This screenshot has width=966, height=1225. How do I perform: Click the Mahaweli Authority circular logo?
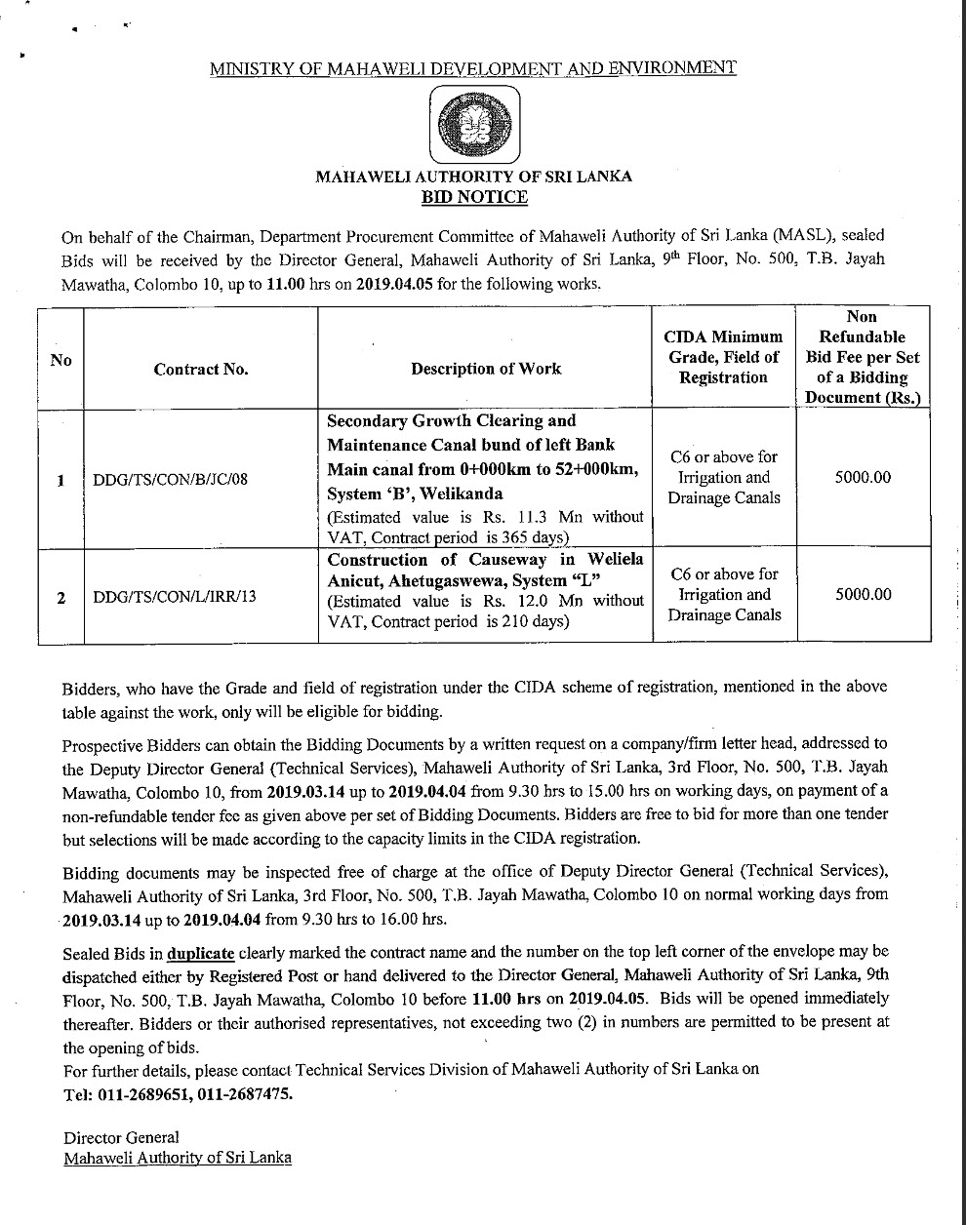pyautogui.click(x=473, y=126)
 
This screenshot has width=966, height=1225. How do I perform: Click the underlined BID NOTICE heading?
pyautogui.click(x=473, y=197)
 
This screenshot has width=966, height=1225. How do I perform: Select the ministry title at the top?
pyautogui.click(x=473, y=68)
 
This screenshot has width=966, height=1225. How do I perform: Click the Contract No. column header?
pyautogui.click(x=201, y=369)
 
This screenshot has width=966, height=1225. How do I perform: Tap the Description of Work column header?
pyautogui.click(x=486, y=368)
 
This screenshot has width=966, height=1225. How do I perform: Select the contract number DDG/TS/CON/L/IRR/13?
pyautogui.click(x=174, y=596)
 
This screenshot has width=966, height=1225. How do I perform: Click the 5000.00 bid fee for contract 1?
pyautogui.click(x=864, y=478)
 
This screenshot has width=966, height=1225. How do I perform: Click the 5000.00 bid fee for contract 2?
pyautogui.click(x=864, y=594)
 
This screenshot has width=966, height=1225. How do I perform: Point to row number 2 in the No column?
pyautogui.click(x=61, y=597)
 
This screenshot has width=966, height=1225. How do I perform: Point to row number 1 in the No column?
pyautogui.click(x=61, y=480)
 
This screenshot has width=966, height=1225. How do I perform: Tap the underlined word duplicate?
pyautogui.click(x=200, y=953)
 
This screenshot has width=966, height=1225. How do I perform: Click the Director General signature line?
pyautogui.click(x=121, y=1137)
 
